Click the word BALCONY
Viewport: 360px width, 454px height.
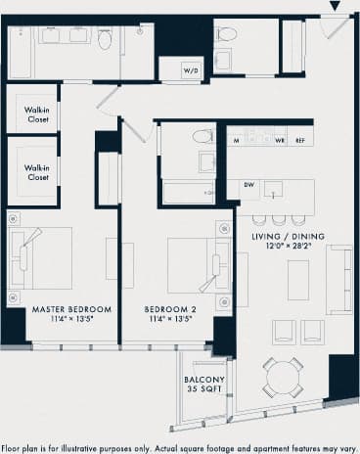[x=204, y=380]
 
